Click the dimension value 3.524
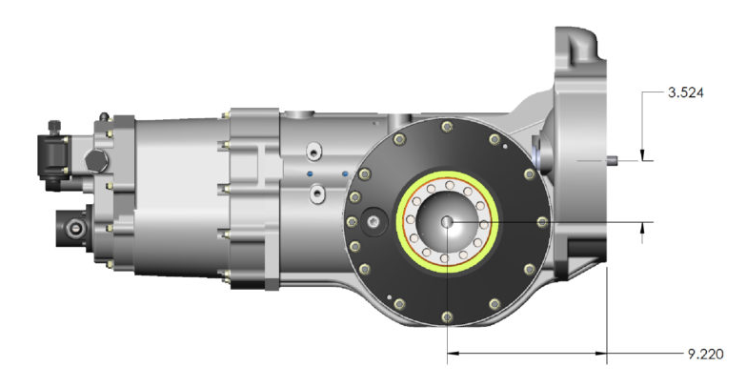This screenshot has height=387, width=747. (x=686, y=92)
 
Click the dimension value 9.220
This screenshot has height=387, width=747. (x=705, y=355)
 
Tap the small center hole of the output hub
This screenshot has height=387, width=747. (x=447, y=221)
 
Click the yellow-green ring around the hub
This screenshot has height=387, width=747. (x=448, y=174)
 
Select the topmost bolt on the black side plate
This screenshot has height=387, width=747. (x=447, y=126)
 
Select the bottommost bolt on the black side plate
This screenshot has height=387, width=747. (x=447, y=316)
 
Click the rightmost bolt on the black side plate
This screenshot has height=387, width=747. (x=541, y=221)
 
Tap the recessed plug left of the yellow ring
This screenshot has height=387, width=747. (x=374, y=221)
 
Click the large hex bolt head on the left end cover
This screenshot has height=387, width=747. (x=97, y=161)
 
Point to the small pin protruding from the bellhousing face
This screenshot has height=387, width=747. (x=612, y=160)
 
